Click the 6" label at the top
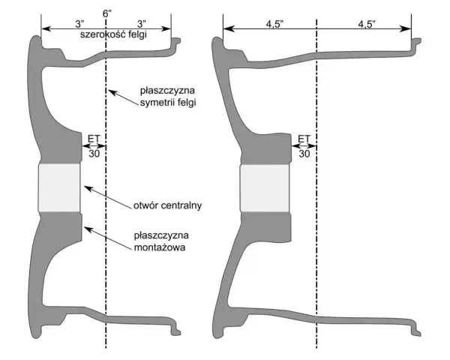(x=107, y=13)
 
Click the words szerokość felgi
(x=114, y=34)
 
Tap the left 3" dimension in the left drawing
(x=79, y=24)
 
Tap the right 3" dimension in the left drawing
(x=142, y=24)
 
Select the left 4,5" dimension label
(x=275, y=25)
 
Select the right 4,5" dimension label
(x=367, y=25)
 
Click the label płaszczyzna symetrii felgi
(x=168, y=97)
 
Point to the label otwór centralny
(x=167, y=205)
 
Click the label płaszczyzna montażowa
(x=161, y=241)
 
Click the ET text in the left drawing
(x=94, y=139)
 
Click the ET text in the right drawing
(x=304, y=139)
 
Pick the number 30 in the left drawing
(x=94, y=154)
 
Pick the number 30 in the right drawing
(x=304, y=154)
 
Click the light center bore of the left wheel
(x=59, y=187)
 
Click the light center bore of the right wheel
(x=265, y=188)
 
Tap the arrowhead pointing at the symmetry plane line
(x=112, y=92)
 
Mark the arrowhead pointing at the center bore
(x=88, y=188)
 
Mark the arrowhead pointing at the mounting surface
(x=88, y=229)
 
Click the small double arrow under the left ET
(x=94, y=146)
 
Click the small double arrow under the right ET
(x=304, y=146)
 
